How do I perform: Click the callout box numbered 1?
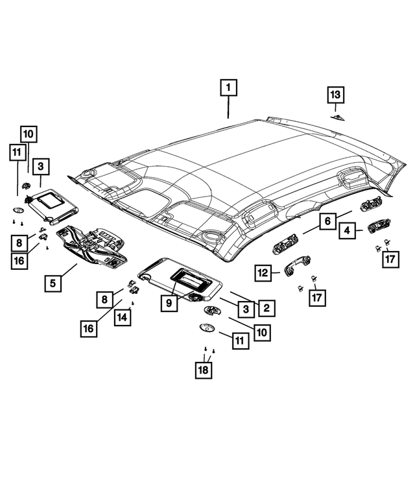tap(228, 86)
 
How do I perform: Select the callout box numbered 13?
tap(335, 95)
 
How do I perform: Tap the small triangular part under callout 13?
tap(337, 117)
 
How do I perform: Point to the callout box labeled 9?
tap(169, 302)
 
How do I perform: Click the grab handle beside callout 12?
tap(296, 266)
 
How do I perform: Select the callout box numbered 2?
tap(265, 308)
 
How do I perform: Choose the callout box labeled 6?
tap(328, 222)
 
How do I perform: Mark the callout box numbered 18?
tap(204, 370)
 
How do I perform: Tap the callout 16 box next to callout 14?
tap(88, 328)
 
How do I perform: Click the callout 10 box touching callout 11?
tap(28, 134)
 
